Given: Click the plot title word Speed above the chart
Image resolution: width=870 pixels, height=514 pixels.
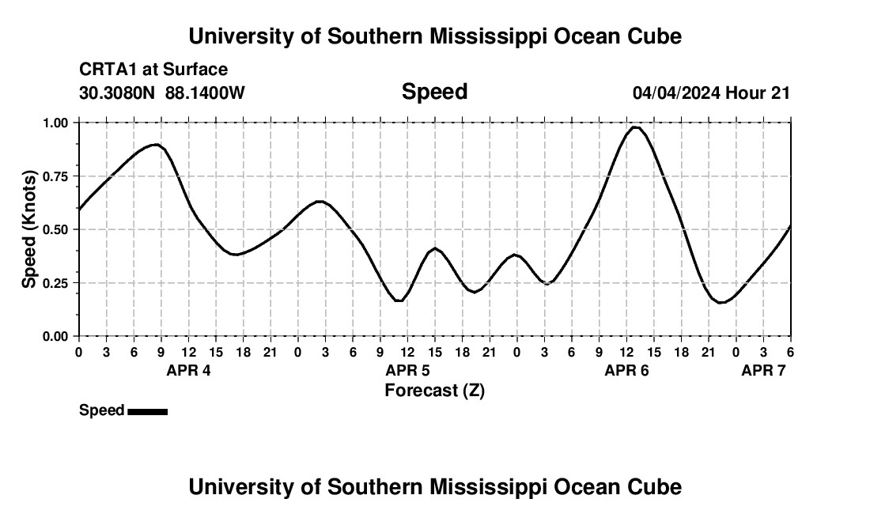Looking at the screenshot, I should (x=434, y=92).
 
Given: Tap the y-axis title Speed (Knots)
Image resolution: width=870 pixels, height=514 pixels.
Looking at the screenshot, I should (x=29, y=229).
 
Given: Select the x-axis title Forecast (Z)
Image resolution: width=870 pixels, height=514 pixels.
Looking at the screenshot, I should (x=434, y=390).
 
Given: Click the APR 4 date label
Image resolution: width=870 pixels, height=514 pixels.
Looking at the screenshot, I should (x=188, y=371).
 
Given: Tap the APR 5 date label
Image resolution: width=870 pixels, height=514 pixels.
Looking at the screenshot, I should (x=407, y=371).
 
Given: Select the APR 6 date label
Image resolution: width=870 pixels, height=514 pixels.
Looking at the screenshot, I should (x=626, y=371).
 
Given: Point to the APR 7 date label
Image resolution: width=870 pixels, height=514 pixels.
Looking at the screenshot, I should (x=763, y=371).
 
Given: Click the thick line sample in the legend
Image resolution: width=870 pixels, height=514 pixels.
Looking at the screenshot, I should (x=147, y=411).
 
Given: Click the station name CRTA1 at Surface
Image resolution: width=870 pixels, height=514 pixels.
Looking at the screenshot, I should (x=153, y=70).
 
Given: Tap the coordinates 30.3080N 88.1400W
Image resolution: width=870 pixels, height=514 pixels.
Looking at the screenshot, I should (x=162, y=93).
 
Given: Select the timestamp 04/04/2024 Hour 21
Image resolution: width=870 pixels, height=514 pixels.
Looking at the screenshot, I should (x=711, y=93).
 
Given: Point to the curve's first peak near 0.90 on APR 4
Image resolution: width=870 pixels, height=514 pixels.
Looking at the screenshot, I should (x=157, y=145).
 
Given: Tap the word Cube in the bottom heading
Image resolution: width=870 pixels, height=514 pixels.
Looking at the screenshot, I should (x=658, y=487).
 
